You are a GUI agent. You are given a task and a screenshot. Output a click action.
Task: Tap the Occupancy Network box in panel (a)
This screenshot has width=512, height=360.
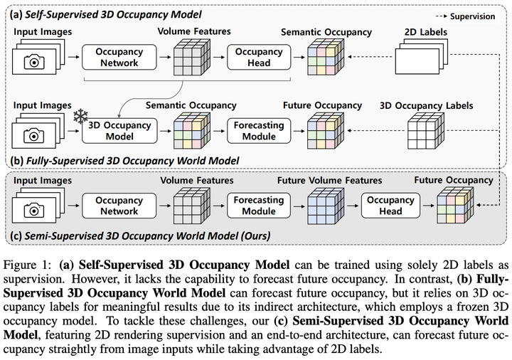[x=118, y=57]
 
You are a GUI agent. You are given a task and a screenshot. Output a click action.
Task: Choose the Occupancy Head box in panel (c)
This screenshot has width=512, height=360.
[x=390, y=206]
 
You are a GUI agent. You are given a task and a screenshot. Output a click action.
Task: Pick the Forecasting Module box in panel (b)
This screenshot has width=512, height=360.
[x=259, y=130]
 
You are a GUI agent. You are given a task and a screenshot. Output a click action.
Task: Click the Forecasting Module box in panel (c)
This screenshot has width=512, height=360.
[x=259, y=206]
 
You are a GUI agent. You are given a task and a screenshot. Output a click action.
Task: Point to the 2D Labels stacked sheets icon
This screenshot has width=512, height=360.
[x=425, y=57]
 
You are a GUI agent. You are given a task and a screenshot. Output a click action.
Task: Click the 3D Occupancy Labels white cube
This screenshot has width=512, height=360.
[x=427, y=132]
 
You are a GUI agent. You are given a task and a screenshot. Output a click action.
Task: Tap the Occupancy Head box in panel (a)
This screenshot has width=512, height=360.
[x=259, y=57]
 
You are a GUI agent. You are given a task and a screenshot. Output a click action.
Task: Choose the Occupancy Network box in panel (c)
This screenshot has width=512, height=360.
[x=118, y=206]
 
